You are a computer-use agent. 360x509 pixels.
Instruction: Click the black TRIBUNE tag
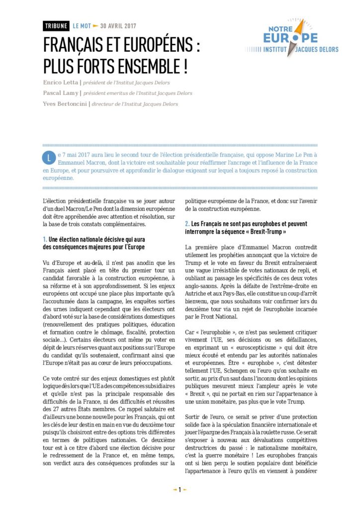tap(56, 26)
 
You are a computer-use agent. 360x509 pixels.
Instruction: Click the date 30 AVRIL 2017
tap(118, 26)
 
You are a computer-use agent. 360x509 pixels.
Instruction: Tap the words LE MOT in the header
tap(81, 26)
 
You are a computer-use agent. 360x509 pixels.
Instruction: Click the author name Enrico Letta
tap(61, 83)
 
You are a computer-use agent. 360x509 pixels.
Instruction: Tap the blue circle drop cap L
tap(48, 158)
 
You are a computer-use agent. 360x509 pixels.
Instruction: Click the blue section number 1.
tap(45, 240)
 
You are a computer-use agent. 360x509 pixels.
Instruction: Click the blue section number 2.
tap(186, 224)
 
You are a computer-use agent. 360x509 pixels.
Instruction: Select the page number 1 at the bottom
tap(180, 490)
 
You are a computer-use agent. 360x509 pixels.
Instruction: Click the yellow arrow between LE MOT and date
tap(95, 26)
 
